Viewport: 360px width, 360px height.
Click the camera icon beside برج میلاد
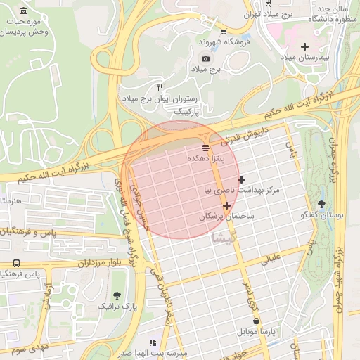205,59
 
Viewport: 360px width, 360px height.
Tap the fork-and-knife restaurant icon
160,88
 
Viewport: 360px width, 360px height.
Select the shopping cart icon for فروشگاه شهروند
224,31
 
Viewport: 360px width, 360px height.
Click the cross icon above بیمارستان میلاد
304,46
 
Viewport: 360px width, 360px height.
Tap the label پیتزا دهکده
205,160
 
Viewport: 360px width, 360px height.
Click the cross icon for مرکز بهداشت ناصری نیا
242,179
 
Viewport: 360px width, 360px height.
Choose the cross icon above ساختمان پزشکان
226,205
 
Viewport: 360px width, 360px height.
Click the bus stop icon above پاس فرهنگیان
15,263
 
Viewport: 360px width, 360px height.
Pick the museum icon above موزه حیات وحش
24,11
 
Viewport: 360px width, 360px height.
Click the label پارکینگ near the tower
187,112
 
